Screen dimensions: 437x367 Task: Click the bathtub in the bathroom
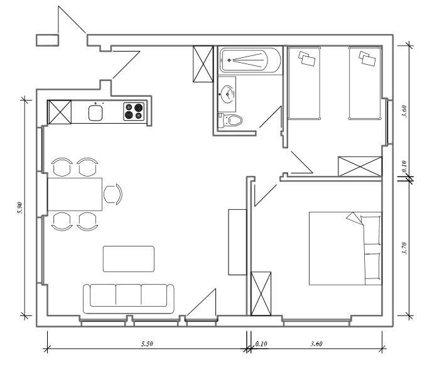[x=251, y=60]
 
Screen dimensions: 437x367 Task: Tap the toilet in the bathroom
[x=230, y=120]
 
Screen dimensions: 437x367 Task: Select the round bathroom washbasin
[x=228, y=94]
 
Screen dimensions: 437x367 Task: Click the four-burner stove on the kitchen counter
[x=134, y=112]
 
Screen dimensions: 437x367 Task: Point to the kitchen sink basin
[x=95, y=112]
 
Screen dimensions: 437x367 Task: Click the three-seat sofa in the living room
[x=129, y=299]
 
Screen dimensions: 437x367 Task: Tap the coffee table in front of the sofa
[x=129, y=258]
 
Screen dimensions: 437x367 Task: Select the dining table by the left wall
[x=75, y=194]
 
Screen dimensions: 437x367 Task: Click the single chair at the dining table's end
[x=113, y=194]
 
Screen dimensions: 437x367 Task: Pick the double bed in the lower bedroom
[x=345, y=248]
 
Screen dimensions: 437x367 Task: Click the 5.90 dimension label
[x=20, y=208]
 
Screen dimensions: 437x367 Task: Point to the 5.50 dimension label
[x=147, y=343]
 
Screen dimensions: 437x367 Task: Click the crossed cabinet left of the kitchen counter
[x=60, y=112]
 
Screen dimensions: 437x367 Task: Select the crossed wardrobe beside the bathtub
[x=203, y=64]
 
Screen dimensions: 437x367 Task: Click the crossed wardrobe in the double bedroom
[x=261, y=293]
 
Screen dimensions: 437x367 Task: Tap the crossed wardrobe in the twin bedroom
[x=360, y=166]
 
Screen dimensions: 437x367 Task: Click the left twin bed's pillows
[x=306, y=58]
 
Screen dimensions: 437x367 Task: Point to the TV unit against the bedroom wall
[x=237, y=242]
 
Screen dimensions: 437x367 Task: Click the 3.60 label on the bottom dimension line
[x=316, y=344]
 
